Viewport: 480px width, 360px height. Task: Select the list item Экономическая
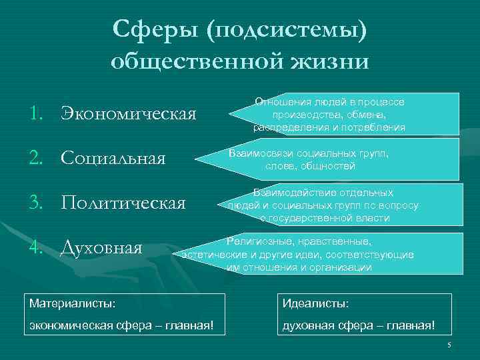click(x=129, y=113)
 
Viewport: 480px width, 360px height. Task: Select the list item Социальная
click(x=113, y=158)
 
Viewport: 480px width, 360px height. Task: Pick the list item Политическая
click(x=123, y=203)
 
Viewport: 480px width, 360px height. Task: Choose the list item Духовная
click(x=101, y=248)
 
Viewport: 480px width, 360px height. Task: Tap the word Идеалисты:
click(x=315, y=303)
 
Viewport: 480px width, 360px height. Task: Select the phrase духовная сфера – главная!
click(x=358, y=326)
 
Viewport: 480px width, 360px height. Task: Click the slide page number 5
click(x=449, y=345)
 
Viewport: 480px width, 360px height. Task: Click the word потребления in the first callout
click(x=376, y=127)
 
